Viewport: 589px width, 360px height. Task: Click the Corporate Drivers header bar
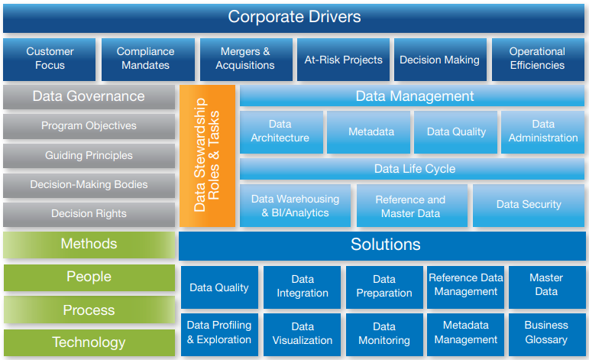pyautogui.click(x=294, y=17)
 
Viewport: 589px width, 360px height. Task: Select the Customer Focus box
pyautogui.click(x=50, y=58)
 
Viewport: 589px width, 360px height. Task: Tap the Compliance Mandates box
pyautogui.click(x=145, y=58)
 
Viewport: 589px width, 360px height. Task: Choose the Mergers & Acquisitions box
pyautogui.click(x=245, y=58)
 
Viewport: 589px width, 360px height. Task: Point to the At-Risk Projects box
pyautogui.click(x=343, y=59)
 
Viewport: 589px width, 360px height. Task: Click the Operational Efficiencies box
pyautogui.click(x=537, y=58)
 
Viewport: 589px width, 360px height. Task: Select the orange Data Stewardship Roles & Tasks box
pyautogui.click(x=207, y=156)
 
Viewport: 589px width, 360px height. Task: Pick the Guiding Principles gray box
pyautogui.click(x=89, y=155)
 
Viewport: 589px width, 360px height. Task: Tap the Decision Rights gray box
pyautogui.click(x=89, y=214)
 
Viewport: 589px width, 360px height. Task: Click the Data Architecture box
pyautogui.click(x=280, y=131)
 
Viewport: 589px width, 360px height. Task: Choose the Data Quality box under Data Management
pyautogui.click(x=456, y=131)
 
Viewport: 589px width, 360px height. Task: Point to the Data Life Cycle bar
pyautogui.click(x=413, y=168)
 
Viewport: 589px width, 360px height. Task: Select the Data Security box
pyautogui.click(x=529, y=205)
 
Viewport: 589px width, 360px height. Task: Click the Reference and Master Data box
pyautogui.click(x=411, y=206)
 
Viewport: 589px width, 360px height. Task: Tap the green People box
pyautogui.click(x=89, y=277)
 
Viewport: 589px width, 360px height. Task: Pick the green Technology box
pyautogui.click(x=89, y=342)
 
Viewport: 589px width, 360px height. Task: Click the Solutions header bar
pyautogui.click(x=384, y=245)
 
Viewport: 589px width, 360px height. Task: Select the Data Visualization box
pyautogui.click(x=303, y=333)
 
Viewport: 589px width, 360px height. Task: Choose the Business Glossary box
pyautogui.click(x=546, y=332)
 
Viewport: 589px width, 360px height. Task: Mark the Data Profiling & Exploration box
pyautogui.click(x=219, y=332)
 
